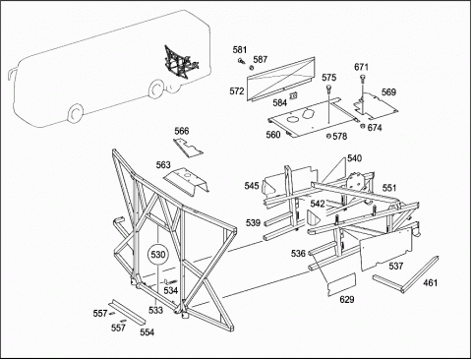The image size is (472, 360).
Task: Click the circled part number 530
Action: pos(158,255)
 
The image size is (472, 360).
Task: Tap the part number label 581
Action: pos(240,50)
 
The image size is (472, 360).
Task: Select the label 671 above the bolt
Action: pos(361,67)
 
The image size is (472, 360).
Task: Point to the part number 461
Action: pos(430,282)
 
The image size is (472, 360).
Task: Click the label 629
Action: pos(347,299)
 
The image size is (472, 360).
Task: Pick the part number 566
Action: pos(182,131)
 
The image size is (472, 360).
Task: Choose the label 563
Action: pos(163,165)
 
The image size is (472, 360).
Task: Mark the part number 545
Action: pos(252,186)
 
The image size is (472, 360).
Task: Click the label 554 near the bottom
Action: pos(147,332)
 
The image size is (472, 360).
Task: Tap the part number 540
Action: pos(354,158)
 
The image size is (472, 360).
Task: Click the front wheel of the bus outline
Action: pos(76,113)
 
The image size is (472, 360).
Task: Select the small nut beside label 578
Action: pos(328,136)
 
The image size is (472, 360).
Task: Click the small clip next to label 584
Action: pos(294,95)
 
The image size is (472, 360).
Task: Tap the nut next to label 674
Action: pos(363,126)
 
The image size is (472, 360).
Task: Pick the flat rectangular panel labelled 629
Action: pos(342,284)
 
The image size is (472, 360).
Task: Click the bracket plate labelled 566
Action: pos(188,148)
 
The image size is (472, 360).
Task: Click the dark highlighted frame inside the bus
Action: pos(181,63)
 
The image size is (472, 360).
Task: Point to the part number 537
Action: pos(396,266)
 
